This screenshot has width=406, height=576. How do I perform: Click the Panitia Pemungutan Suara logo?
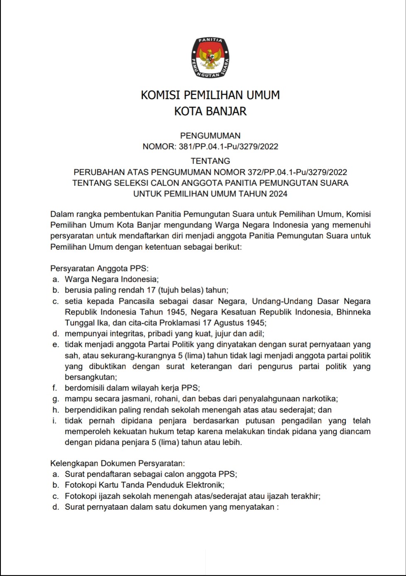(x=210, y=58)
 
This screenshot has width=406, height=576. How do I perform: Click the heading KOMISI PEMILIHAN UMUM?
(x=210, y=95)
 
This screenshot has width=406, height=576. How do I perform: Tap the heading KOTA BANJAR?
(x=210, y=111)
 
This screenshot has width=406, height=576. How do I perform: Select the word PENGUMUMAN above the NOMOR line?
(x=210, y=136)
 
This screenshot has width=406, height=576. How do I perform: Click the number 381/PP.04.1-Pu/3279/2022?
(x=228, y=146)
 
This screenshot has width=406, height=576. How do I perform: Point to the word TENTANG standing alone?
(x=210, y=161)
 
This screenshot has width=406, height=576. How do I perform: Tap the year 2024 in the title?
(x=278, y=194)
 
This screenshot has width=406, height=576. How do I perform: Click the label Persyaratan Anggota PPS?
(x=99, y=268)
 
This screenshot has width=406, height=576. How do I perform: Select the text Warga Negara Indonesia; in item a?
(x=112, y=279)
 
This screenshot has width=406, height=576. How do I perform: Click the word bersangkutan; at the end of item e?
(x=90, y=378)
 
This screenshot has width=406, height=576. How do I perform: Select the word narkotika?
(x=320, y=399)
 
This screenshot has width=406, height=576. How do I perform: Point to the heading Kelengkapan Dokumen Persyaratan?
(x=117, y=463)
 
